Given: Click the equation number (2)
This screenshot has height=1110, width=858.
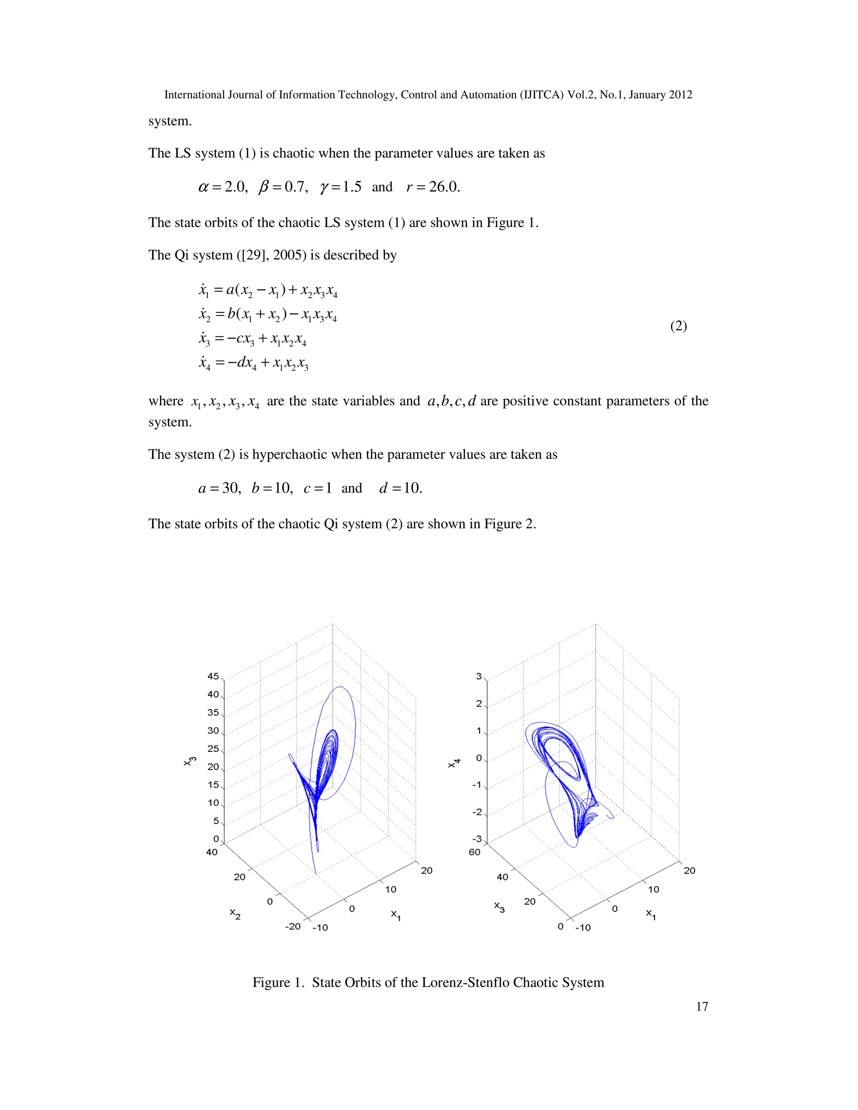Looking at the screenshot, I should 678,326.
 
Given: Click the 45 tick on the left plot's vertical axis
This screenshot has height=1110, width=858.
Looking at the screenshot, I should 213,676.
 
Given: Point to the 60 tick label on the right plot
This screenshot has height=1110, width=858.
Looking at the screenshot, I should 474,852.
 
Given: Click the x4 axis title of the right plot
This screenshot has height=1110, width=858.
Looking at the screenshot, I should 454,763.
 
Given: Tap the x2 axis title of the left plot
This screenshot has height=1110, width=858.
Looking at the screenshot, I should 235,913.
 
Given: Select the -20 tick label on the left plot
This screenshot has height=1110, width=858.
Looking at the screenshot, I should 293,926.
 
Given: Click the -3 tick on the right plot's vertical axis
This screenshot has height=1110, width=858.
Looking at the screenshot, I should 476,839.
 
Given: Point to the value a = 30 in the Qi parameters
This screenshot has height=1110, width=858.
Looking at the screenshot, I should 219,488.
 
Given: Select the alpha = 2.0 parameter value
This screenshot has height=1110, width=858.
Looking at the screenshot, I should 222,187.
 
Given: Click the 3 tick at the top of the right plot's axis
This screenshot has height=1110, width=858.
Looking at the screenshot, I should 479,676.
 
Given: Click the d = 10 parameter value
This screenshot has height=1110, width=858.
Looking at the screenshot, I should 401,488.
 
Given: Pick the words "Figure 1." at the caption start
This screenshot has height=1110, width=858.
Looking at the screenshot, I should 279,982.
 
